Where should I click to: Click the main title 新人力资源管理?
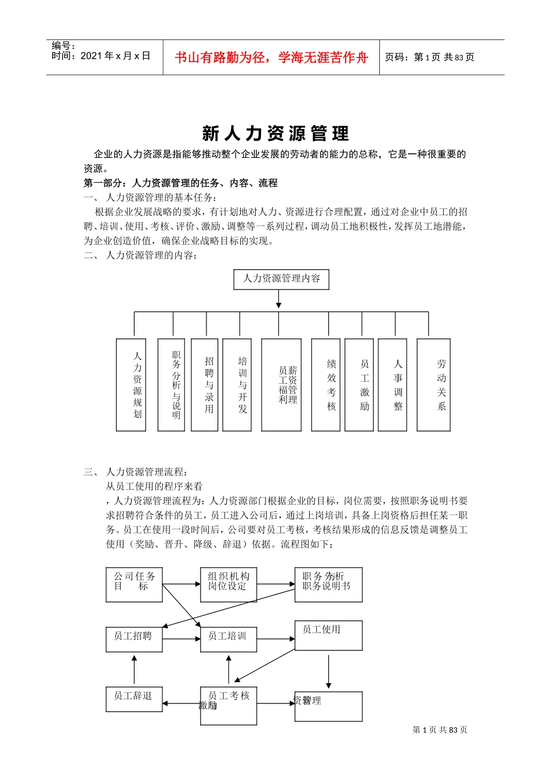[275, 133]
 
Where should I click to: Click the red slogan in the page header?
[271, 57]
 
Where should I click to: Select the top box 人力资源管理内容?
[281, 279]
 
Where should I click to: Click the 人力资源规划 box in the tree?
[131, 385]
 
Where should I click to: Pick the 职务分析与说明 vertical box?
[171, 385]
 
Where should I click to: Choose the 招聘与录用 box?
[205, 385]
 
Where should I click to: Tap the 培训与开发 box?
[237, 385]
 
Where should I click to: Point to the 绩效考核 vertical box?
[326, 385]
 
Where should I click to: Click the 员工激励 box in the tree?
[359, 385]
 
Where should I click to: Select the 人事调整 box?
[393, 385]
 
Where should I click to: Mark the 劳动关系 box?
[434, 385]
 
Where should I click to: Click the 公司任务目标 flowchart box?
[134, 584]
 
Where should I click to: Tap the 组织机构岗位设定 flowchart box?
[229, 584]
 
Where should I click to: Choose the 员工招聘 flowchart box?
[134, 639]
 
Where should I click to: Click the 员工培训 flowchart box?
[229, 639]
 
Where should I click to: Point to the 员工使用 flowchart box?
[328, 635]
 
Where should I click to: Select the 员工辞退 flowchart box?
[134, 699]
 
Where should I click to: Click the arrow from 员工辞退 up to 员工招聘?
[134, 670]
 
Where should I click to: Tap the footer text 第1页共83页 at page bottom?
[440, 730]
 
